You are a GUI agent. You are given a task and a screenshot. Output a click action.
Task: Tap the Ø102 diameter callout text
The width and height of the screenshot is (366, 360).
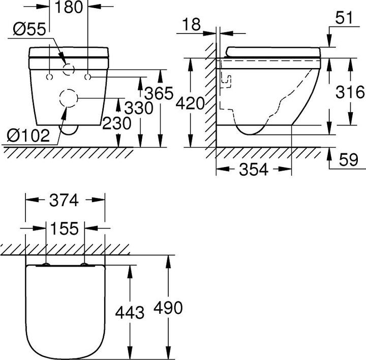(29, 135)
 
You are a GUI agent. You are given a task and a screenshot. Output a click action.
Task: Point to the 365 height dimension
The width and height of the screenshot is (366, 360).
(159, 94)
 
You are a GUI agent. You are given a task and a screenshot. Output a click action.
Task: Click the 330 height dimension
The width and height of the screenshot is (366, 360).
(139, 108)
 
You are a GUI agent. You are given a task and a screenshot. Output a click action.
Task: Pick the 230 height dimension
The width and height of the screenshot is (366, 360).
(117, 123)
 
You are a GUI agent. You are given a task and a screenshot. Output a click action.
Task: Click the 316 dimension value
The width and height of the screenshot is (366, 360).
(350, 92)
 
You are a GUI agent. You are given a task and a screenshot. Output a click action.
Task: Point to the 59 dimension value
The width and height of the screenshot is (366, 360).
(348, 160)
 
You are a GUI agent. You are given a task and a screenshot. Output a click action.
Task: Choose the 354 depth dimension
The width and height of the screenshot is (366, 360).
(253, 170)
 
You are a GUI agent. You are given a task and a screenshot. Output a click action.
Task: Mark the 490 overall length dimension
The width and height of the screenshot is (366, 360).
(167, 308)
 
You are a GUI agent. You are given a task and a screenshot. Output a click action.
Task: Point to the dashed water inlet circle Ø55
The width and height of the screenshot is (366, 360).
(68, 71)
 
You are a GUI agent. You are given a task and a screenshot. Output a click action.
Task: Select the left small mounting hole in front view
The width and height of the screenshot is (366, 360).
(49, 77)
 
